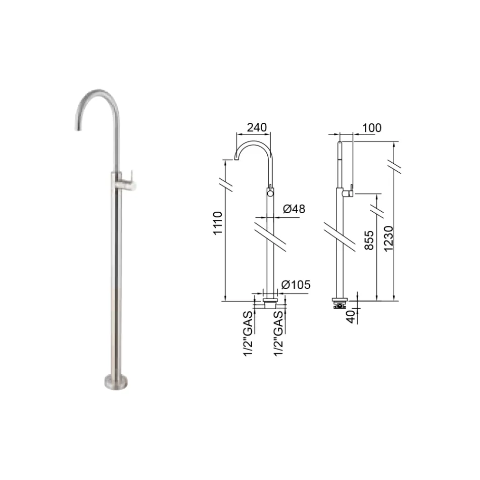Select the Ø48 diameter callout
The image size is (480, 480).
click(x=294, y=208)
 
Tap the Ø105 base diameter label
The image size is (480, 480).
click(x=296, y=285)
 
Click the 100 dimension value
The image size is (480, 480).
click(x=372, y=128)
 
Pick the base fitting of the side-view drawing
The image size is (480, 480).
click(x=339, y=303)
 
